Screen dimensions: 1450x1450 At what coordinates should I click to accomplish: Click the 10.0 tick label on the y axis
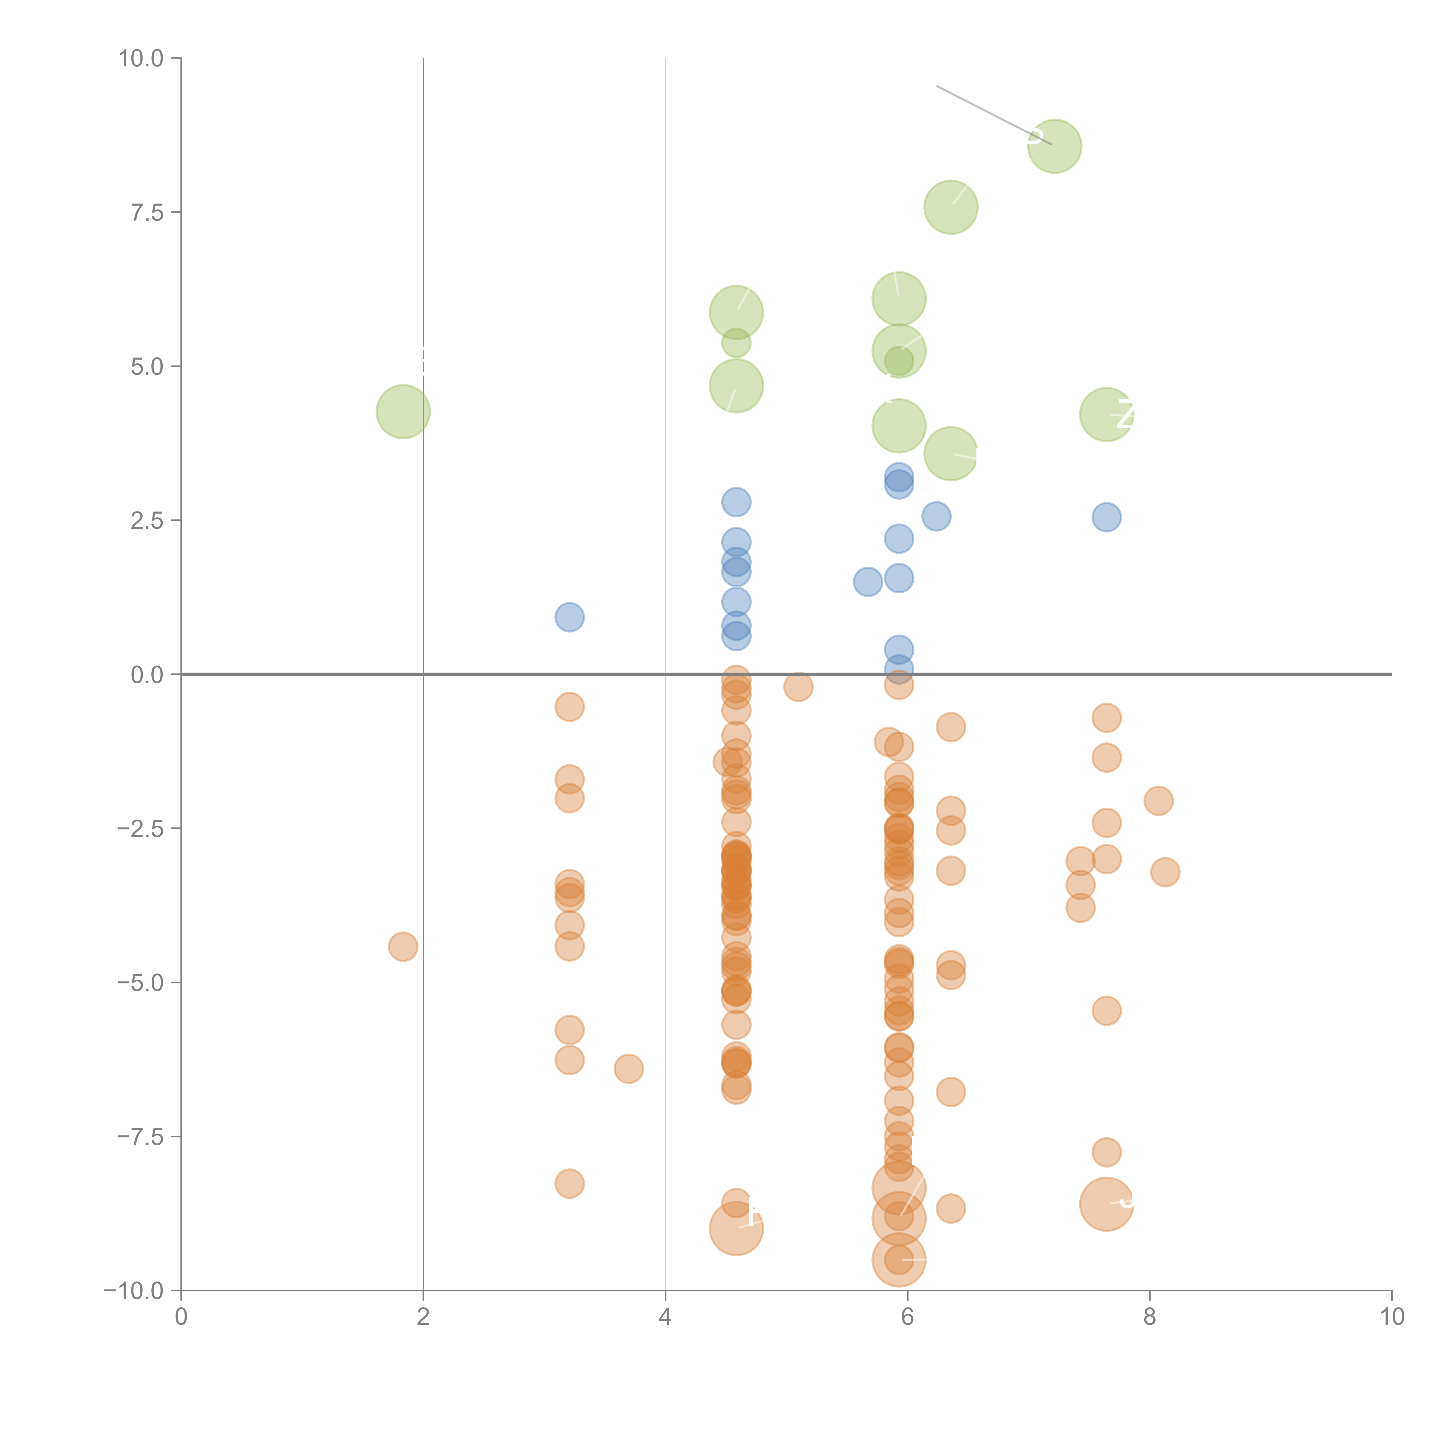pyautogui.click(x=141, y=59)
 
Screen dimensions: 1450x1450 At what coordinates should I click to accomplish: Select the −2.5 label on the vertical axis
pyautogui.click(x=141, y=829)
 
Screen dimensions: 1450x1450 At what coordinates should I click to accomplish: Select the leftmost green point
pyautogui.click(x=403, y=411)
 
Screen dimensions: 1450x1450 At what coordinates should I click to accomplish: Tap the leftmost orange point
pyautogui.click(x=403, y=946)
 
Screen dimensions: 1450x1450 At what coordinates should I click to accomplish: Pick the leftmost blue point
pyautogui.click(x=570, y=617)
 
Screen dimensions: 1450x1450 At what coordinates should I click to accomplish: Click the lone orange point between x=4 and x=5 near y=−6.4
pyautogui.click(x=628, y=1068)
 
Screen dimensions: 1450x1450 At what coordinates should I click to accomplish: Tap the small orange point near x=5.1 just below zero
pyautogui.click(x=798, y=686)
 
